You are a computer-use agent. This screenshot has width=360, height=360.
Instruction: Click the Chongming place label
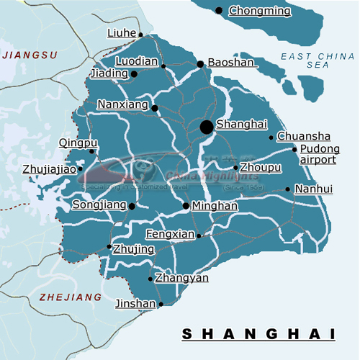pos(259,11)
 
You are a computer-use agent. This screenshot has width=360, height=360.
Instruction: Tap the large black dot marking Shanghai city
pos(207,127)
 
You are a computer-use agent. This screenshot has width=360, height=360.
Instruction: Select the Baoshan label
pos(231,63)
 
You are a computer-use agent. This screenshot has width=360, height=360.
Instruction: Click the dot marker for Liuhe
pos(141,35)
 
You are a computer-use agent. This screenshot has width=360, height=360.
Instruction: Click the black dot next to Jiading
pos(134,73)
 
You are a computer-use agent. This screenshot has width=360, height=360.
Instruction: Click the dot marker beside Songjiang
pos(132,206)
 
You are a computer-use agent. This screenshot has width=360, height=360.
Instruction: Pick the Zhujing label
pos(135,249)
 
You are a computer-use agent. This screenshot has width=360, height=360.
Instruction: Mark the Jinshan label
pos(135,304)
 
